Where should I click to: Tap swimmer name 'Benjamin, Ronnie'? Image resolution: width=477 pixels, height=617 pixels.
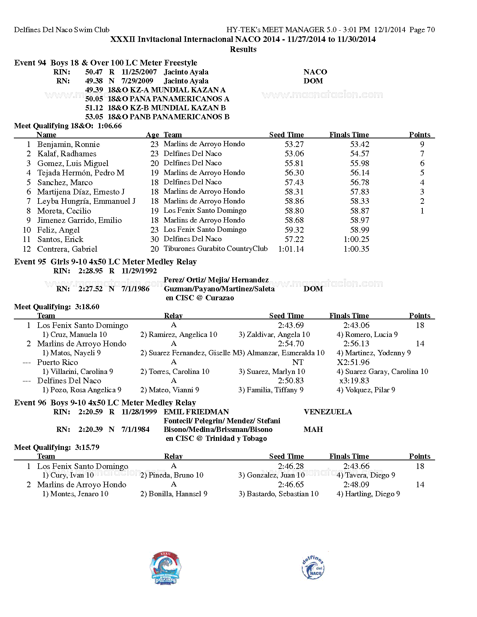point(68,144)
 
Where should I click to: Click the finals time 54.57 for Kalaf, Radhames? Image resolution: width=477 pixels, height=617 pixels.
point(360,154)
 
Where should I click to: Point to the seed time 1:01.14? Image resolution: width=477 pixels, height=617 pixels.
point(291,249)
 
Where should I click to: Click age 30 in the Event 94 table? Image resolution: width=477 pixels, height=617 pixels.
point(155,239)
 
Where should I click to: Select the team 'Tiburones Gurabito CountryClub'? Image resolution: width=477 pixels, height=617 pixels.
point(215,249)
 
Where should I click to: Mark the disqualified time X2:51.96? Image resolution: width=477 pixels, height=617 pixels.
point(353,362)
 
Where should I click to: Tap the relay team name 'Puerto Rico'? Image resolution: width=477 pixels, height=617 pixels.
point(58,362)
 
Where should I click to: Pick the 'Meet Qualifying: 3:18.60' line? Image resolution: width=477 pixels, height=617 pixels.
point(57,307)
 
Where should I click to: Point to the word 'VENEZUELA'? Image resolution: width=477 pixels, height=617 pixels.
point(328,412)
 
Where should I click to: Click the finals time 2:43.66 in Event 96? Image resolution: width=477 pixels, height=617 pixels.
point(356,466)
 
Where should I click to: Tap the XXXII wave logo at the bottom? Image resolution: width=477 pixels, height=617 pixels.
point(165,568)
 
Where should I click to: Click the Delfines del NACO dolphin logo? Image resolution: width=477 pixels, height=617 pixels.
point(313,568)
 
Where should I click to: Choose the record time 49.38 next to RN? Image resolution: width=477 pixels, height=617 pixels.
point(94,81)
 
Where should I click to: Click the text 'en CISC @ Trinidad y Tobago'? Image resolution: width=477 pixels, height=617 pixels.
point(216,439)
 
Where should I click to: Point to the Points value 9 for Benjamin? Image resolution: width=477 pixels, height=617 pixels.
point(422,144)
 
